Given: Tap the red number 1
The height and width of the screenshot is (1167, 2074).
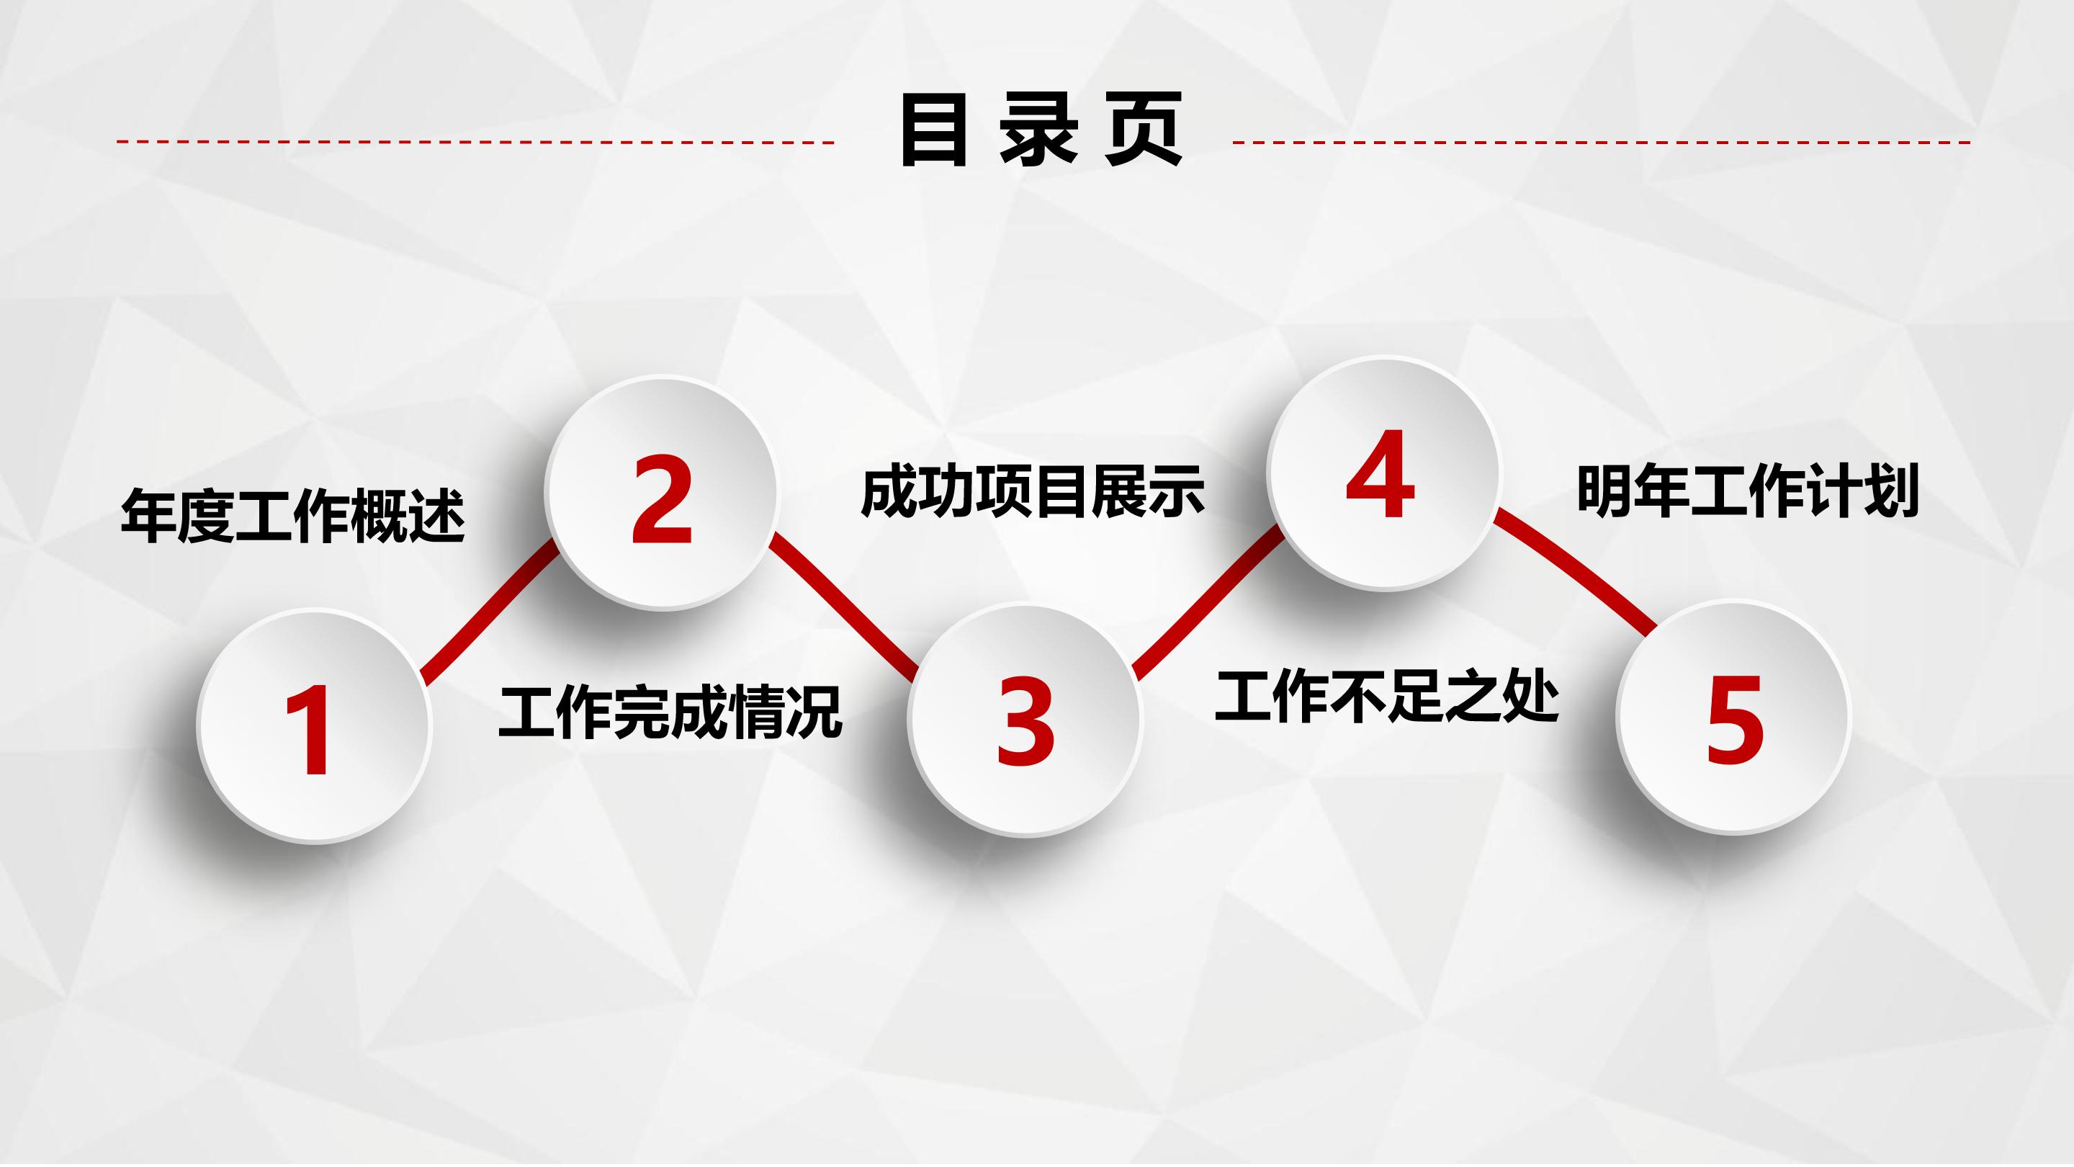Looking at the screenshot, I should coord(309,730).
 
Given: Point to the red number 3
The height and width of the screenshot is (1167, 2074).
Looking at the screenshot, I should coord(1025,722).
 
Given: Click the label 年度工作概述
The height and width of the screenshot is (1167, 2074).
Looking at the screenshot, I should coord(293,516).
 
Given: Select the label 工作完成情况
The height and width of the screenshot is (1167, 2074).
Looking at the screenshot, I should coord(670,712).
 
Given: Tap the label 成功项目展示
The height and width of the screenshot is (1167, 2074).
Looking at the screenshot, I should coord(1032,491).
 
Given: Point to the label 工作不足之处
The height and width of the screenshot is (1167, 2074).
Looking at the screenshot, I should coord(1386,696).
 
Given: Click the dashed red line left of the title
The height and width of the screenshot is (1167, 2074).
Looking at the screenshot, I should coord(475,142).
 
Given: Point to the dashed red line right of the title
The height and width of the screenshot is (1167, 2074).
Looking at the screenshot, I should coord(1602,143).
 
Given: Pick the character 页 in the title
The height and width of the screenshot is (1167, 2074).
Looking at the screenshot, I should coord(1144,130).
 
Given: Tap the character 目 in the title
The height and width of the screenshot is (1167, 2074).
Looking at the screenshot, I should coord(934,130).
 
